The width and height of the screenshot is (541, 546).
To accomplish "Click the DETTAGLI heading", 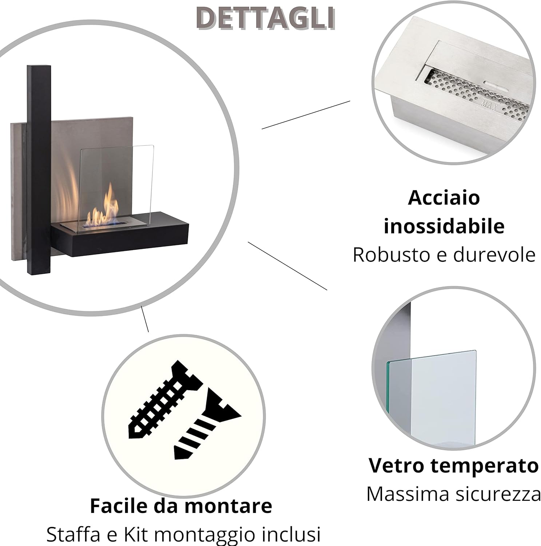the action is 266,18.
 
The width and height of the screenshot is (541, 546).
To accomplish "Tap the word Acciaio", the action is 444,198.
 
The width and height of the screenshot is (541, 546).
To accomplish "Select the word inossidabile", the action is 444,226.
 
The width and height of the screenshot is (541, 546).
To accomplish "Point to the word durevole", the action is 494,254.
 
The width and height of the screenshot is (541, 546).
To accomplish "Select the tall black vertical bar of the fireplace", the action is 39,170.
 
